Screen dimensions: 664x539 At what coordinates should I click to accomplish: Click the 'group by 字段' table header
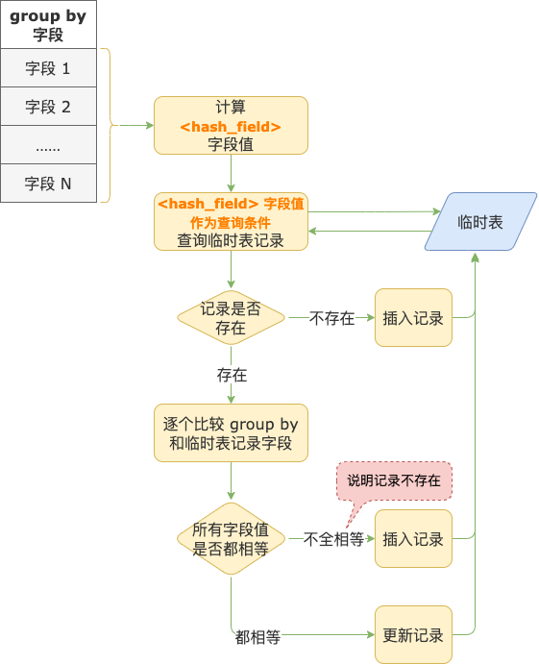(48, 25)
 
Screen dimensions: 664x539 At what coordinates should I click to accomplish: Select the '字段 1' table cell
(48, 68)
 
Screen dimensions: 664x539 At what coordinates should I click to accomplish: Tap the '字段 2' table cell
(48, 107)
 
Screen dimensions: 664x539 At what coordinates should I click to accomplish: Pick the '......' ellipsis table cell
(48, 145)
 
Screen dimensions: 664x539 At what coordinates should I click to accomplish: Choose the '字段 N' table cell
(48, 184)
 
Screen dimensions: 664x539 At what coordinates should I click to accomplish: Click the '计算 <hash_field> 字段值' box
(231, 125)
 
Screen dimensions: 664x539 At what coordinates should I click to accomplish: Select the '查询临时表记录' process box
(231, 221)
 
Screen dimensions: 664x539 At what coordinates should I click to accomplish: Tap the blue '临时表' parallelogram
(480, 222)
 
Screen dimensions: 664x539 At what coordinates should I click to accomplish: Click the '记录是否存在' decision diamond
(231, 318)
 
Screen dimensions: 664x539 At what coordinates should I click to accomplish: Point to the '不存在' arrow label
(331, 318)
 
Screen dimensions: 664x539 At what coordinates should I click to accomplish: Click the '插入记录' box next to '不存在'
(413, 318)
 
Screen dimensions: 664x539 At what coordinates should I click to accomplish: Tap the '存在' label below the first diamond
(232, 374)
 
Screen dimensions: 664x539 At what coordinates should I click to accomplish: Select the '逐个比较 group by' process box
(231, 433)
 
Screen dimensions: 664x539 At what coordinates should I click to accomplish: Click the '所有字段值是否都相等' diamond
(231, 539)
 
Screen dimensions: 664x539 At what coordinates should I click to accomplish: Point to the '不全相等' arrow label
(333, 540)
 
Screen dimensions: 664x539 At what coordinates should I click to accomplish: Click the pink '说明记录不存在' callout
(394, 480)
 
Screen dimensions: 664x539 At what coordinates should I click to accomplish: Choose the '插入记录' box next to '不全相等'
(413, 539)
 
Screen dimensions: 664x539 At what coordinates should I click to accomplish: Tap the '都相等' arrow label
(257, 636)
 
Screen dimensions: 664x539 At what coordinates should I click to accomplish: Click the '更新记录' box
(413, 635)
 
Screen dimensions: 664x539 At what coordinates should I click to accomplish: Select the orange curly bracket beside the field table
(108, 125)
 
